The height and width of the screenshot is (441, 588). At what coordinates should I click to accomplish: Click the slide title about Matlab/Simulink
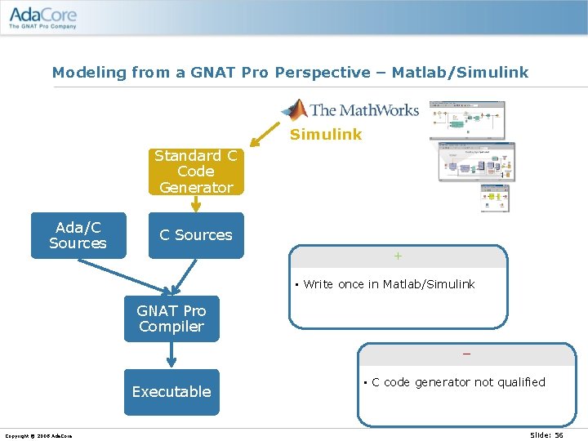coord(290,73)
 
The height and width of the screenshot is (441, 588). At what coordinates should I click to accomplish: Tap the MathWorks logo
coord(350,109)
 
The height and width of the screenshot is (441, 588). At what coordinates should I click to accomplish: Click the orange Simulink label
coord(325,135)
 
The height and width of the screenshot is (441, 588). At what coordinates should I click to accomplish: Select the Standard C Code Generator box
coord(195,171)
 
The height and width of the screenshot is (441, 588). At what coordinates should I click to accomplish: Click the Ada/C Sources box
coord(78,235)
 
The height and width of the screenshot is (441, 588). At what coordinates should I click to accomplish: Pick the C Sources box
coord(195,235)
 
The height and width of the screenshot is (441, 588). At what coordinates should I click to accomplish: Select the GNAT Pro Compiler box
coord(171,318)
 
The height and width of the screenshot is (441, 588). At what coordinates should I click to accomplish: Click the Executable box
coord(171,392)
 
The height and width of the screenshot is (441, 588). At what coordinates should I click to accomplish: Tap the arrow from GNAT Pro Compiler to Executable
coord(171,355)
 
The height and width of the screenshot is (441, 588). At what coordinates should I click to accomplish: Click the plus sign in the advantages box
coord(398,256)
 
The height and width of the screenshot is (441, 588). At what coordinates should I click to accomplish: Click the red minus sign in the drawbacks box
coord(466,354)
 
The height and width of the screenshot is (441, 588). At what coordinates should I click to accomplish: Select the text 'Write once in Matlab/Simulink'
coord(389,284)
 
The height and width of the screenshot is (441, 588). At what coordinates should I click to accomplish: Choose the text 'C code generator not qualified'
coord(458,382)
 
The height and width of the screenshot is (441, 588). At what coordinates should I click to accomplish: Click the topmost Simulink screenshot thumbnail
coord(468,120)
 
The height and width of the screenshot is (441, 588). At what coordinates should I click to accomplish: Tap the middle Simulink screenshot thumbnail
coord(476,162)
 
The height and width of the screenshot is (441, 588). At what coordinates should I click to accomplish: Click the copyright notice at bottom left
coord(38,435)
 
